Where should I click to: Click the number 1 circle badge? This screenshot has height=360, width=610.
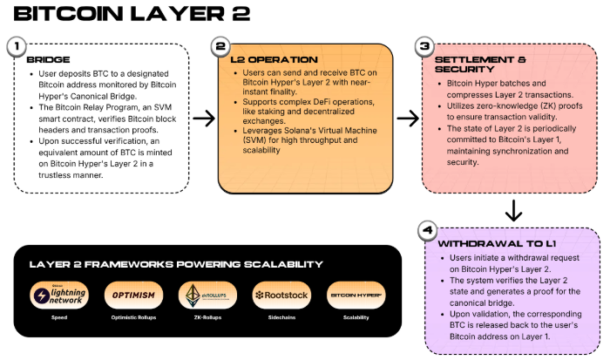[x=15, y=46]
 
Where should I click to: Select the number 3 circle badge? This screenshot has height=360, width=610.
[x=426, y=46]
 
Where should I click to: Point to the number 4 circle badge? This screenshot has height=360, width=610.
[x=426, y=230]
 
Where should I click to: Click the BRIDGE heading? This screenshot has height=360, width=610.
[x=49, y=59]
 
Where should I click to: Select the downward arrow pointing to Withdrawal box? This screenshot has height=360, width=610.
[x=514, y=209]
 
